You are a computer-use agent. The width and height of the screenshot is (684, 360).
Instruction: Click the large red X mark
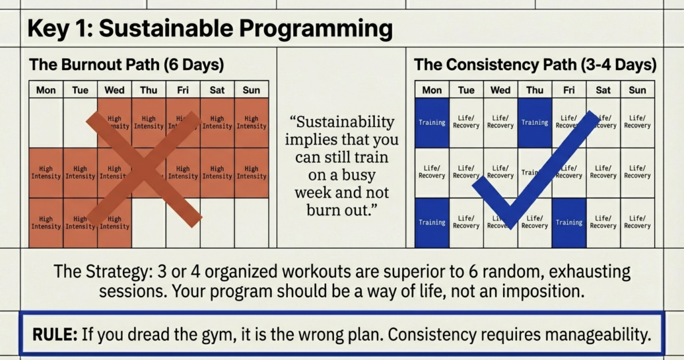point(144,168)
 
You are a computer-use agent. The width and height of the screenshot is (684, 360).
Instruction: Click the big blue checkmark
point(534,170)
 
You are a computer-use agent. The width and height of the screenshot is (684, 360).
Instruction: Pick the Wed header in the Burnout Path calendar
point(114,89)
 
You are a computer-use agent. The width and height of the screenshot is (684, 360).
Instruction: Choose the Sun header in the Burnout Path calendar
point(251,89)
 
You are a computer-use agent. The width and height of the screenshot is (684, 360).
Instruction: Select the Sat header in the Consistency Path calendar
point(603,89)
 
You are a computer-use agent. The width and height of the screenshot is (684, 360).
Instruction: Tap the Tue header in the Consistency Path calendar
point(466,89)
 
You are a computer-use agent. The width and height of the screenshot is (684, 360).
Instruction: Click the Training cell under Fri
point(568,222)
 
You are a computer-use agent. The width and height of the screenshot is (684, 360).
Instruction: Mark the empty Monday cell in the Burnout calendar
point(46,123)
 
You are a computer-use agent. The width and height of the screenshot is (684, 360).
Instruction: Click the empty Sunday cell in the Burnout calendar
point(251,222)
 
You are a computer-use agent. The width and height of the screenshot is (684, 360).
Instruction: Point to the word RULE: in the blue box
point(51,334)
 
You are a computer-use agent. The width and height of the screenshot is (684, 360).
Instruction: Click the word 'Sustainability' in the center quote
point(342,123)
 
